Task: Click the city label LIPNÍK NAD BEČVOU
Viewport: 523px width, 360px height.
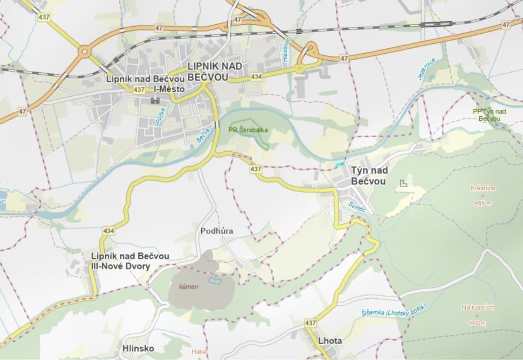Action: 214,72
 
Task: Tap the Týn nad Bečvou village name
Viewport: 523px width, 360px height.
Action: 368,176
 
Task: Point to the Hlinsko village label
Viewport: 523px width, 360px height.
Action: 138,348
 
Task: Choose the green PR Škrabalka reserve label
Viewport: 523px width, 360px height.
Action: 244,130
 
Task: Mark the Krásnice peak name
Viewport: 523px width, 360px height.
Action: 482,188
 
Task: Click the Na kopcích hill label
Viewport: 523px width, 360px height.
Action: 478,307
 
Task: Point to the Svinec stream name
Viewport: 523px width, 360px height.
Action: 358,207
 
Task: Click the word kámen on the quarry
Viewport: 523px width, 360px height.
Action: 189,287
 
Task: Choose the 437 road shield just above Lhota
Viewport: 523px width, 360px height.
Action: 310,323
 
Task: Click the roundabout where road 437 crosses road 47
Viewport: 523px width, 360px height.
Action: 84,52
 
